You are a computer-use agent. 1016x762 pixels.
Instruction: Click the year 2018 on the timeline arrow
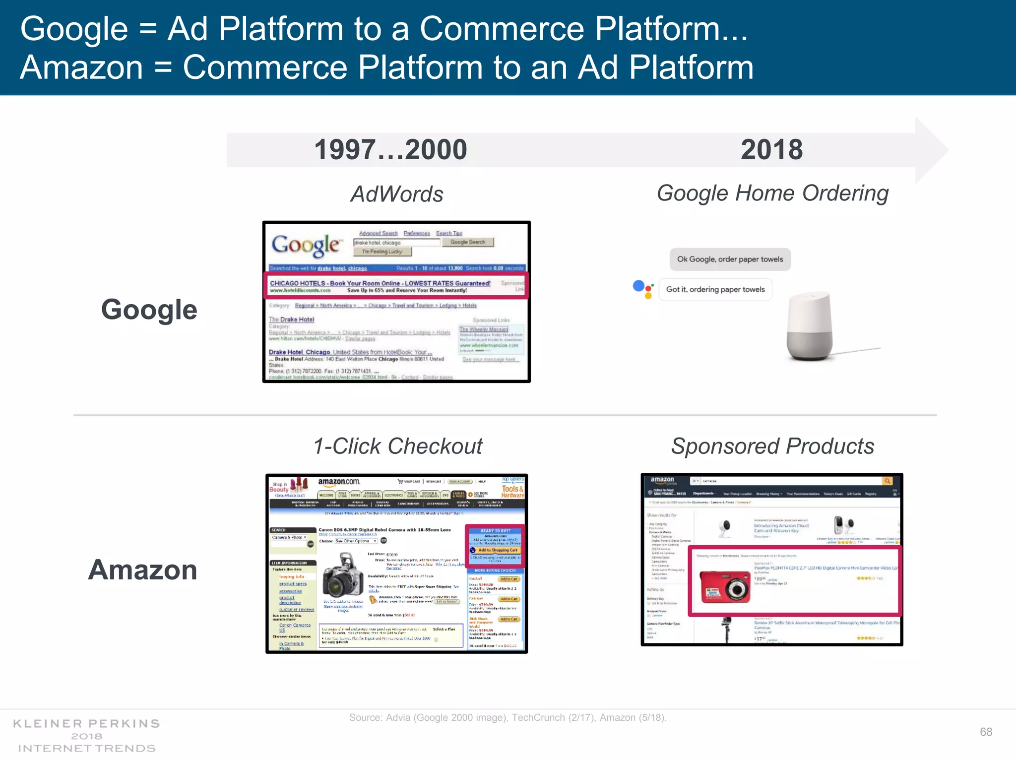[771, 150]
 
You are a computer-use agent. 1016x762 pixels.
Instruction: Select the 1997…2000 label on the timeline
[391, 150]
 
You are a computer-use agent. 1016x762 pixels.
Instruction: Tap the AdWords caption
[397, 194]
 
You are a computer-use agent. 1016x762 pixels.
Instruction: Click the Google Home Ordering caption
[772, 193]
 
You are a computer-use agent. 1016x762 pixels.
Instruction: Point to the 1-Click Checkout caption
[398, 446]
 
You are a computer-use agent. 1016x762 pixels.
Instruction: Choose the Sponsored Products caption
[772, 446]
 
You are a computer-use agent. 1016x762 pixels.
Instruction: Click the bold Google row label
[149, 310]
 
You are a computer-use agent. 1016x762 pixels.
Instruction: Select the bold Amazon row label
[143, 570]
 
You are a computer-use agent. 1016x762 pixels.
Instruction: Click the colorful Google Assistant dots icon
[643, 289]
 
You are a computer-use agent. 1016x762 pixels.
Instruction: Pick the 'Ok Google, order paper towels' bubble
[730, 259]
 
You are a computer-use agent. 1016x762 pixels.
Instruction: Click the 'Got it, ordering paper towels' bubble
[715, 290]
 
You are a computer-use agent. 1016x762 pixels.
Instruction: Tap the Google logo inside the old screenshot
[306, 246]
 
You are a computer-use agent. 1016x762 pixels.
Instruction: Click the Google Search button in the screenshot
[468, 242]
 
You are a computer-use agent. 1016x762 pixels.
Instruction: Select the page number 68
[986, 732]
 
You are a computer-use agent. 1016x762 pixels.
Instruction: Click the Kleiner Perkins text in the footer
[86, 724]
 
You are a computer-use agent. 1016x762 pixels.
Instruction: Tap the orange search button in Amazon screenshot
[888, 481]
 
